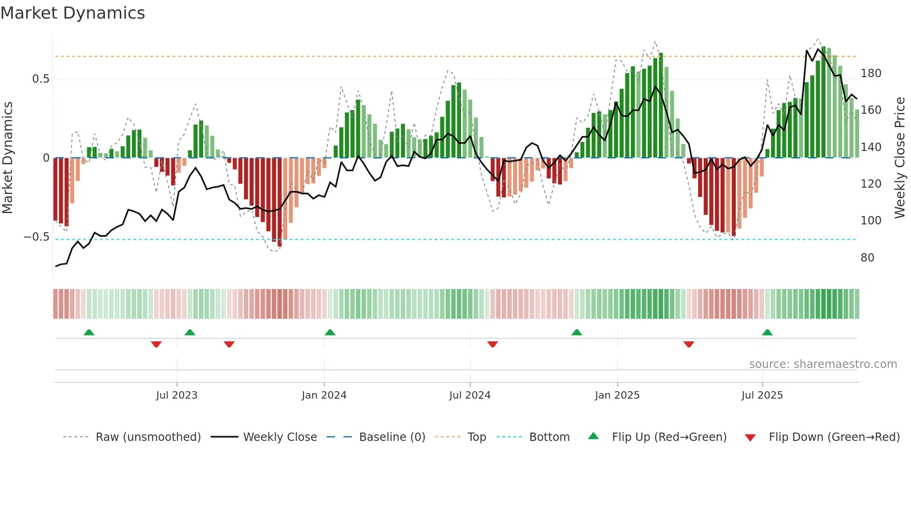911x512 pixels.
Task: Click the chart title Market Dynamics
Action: pos(73,13)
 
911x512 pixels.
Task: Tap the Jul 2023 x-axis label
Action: pos(177,395)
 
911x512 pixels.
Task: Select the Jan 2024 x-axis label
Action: pos(324,395)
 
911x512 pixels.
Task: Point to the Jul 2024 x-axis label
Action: pos(470,395)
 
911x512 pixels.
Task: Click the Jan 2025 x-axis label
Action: pos(617,395)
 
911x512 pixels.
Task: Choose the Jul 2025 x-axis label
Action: pos(762,395)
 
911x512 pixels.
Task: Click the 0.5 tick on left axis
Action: pos(41,79)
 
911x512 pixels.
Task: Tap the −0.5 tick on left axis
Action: pos(37,237)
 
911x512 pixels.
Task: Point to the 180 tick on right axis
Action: pos(871,73)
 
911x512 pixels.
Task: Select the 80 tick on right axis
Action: pos(867,258)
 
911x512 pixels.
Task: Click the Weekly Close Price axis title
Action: pos(900,158)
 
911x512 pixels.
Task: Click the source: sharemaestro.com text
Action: pos(823,364)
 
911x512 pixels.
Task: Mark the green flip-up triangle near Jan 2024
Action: pos(330,333)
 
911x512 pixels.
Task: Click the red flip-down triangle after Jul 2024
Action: pos(493,344)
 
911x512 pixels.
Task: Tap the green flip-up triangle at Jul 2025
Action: pos(767,333)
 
